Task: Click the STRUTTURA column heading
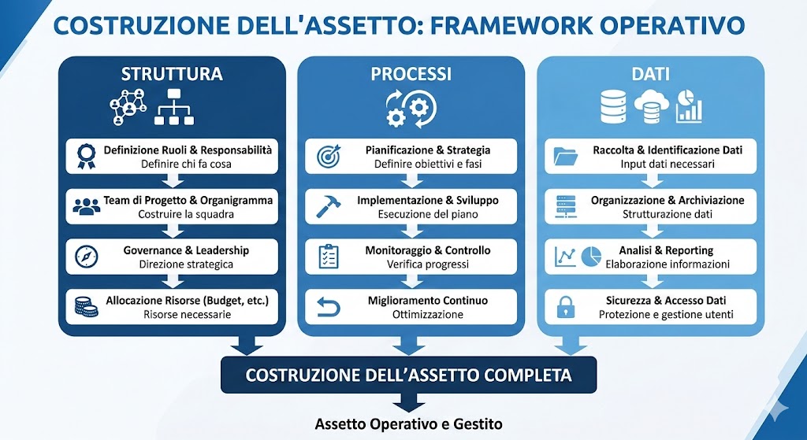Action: coord(172,75)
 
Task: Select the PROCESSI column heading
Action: coord(411,75)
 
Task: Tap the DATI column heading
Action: coord(650,75)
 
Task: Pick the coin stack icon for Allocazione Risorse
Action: coord(85,307)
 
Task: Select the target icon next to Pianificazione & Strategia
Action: coord(327,156)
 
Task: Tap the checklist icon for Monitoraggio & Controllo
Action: coord(328,257)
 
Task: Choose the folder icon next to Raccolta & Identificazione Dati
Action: coord(566,156)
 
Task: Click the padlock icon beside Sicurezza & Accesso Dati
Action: coord(565,308)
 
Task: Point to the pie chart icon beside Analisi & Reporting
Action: coord(591,257)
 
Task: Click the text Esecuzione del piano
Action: coord(428,214)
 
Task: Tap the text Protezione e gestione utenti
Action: coord(666,315)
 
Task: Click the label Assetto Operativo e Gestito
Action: coord(408,423)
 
